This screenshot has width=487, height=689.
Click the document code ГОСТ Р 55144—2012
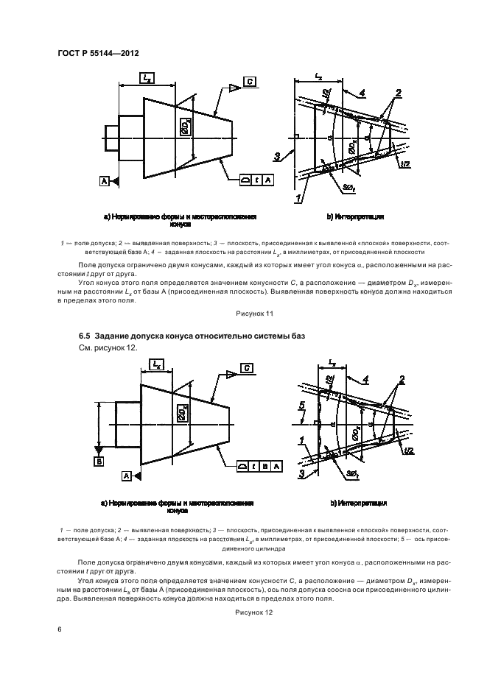pos(97,53)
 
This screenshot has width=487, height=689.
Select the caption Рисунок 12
pos(254,612)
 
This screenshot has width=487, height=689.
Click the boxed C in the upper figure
pos(250,82)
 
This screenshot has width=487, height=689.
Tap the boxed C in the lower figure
pos(248,367)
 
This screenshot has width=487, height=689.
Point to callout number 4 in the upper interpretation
pos(362,92)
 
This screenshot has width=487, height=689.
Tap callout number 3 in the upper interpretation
pos(276,155)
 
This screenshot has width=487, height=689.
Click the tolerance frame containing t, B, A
pos(263,466)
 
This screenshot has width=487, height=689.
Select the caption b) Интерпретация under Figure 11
pos(356,217)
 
